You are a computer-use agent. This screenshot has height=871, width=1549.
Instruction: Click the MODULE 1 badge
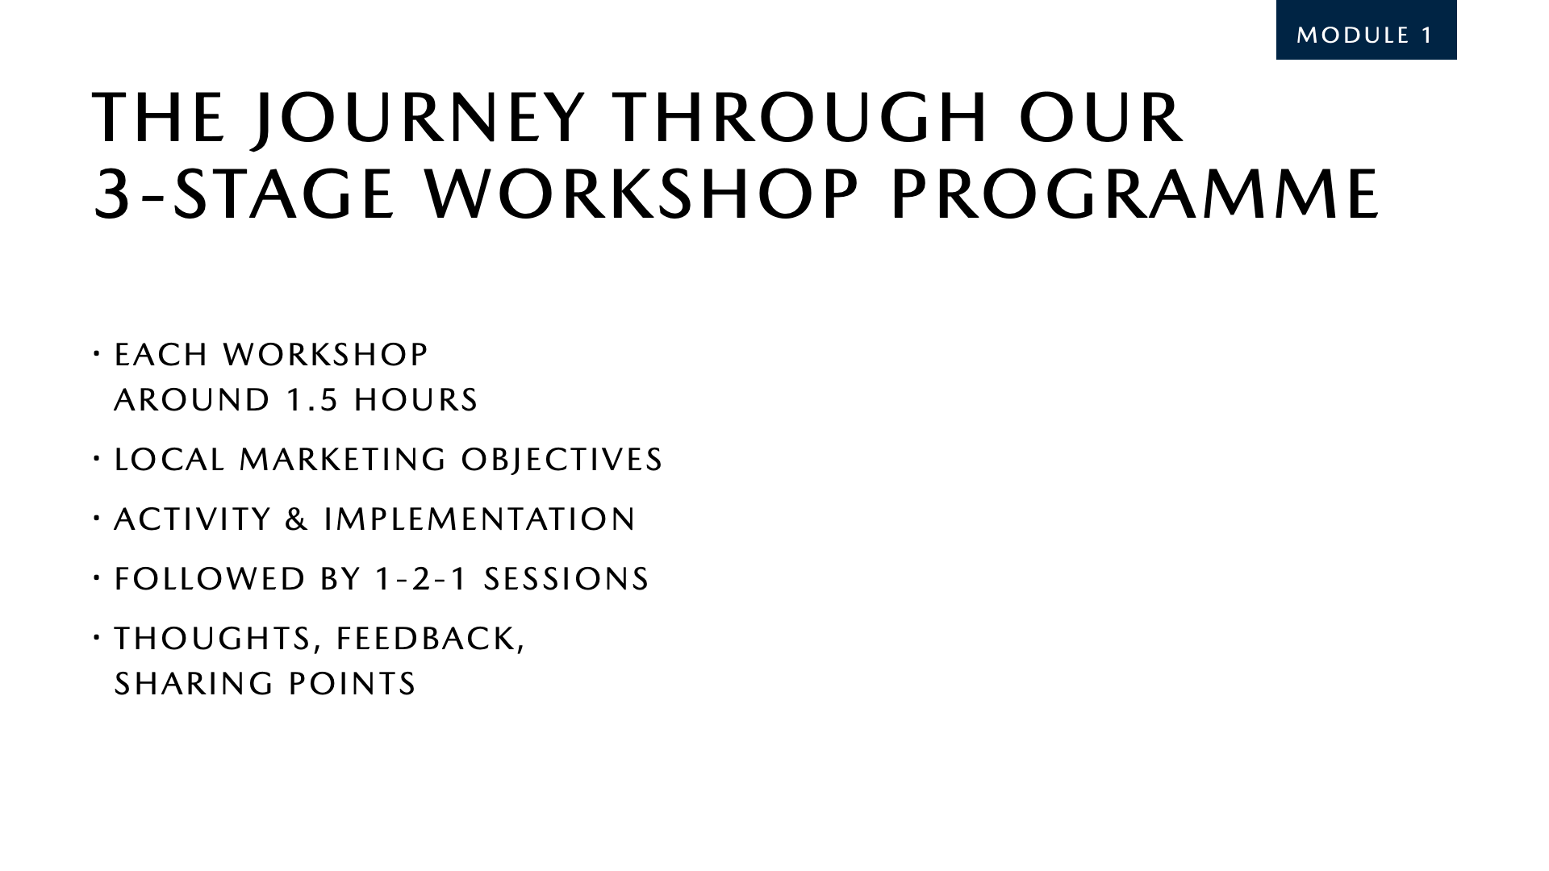click(1366, 35)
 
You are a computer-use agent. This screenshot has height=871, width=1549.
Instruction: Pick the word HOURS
click(416, 400)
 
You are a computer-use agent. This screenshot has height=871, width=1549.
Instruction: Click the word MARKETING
click(343, 460)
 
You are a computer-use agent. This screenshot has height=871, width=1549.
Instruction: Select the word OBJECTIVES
click(562, 460)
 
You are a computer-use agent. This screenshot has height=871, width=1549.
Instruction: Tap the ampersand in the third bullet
click(298, 519)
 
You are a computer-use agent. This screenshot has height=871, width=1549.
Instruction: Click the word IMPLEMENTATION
click(480, 519)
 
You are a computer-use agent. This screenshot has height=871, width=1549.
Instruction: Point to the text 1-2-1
click(422, 579)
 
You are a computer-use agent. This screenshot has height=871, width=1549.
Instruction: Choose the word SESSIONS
click(566, 579)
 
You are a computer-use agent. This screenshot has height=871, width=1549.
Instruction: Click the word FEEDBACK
click(431, 639)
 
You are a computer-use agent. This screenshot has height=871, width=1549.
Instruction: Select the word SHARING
click(194, 684)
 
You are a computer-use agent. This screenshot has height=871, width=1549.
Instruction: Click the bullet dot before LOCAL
click(96, 460)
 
